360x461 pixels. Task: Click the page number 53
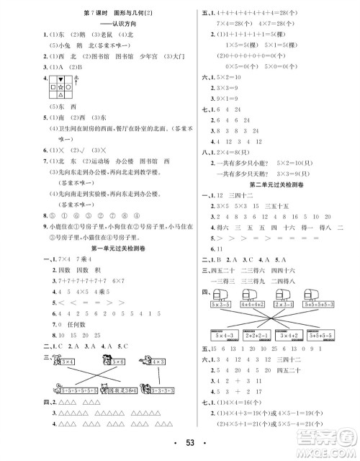(179, 440)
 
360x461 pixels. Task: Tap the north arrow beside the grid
(76, 82)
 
